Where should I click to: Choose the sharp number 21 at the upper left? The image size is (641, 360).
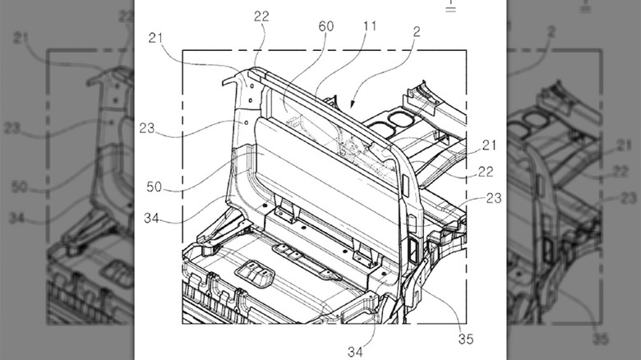(157, 38)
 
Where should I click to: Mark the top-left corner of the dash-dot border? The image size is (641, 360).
(182, 51)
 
